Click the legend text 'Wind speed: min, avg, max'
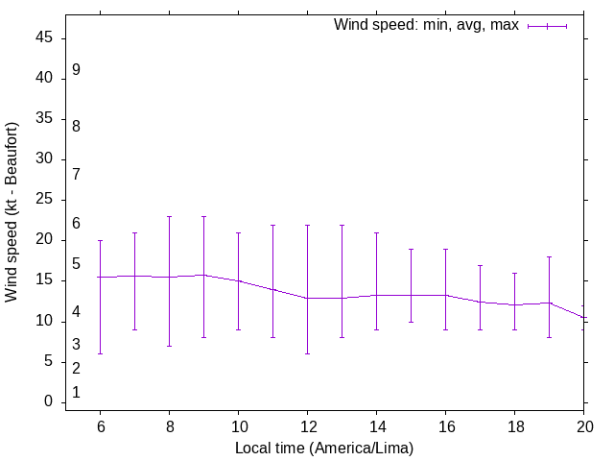[425, 25]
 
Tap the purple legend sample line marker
[548, 26]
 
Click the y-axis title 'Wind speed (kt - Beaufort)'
[12, 212]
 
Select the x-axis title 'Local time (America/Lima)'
[330, 448]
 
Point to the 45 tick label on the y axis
[45, 38]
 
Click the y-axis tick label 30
[45, 159]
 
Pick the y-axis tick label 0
[49, 402]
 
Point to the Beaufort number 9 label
[76, 70]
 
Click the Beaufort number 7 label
[76, 175]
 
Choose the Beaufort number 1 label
[76, 393]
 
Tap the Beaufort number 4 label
[76, 313]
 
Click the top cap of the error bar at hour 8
[169, 216]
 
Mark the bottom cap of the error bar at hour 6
[100, 353]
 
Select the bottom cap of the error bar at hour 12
[307, 353]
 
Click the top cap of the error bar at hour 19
[549, 256]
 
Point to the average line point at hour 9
[203, 275]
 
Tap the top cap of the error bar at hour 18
[514, 273]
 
